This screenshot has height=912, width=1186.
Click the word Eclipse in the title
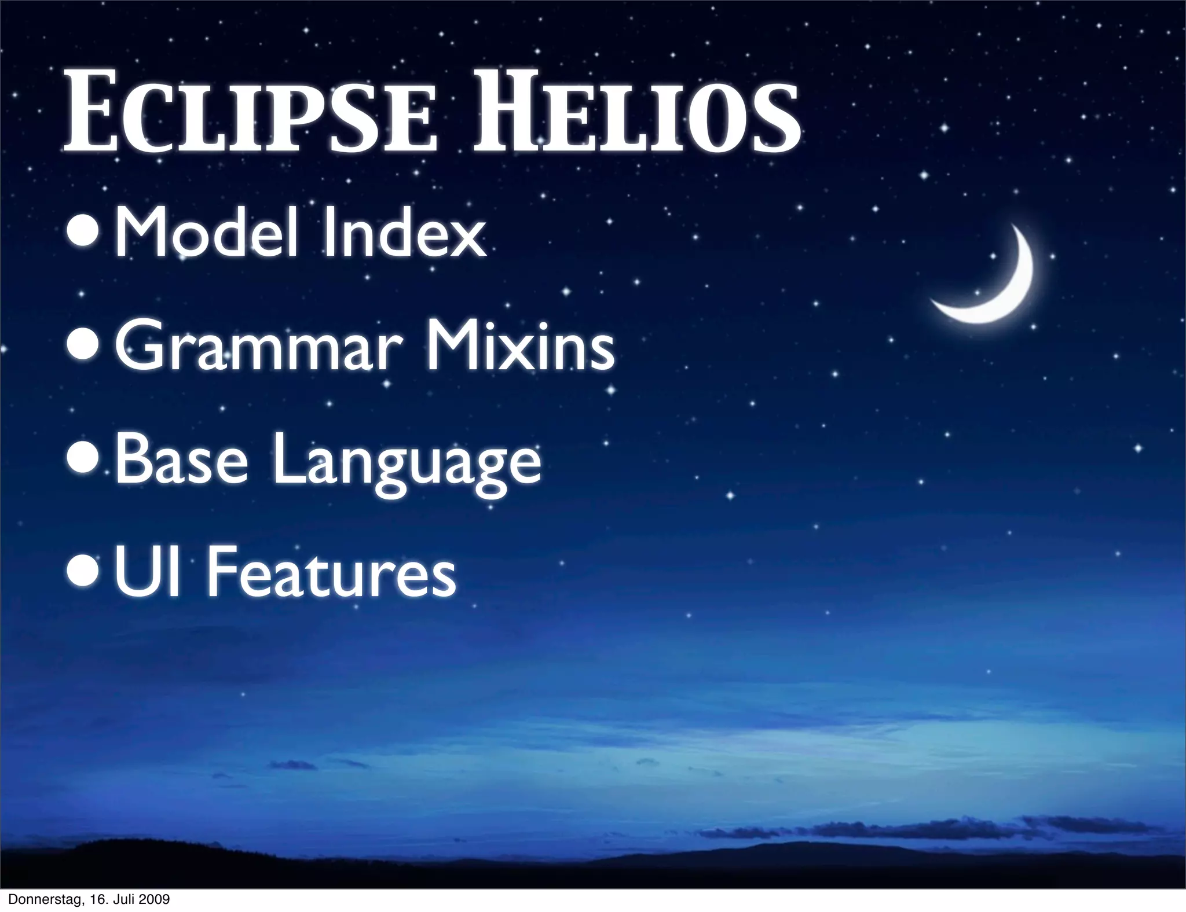point(249,116)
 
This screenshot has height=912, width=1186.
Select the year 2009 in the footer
point(154,899)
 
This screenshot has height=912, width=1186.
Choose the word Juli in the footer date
point(123,899)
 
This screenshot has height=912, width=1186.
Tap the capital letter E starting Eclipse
point(93,116)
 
